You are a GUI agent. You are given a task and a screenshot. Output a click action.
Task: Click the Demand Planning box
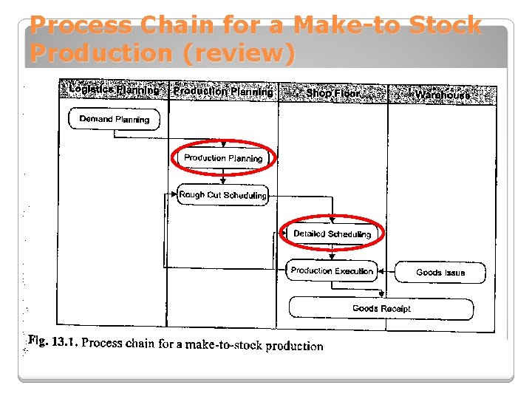[x=114, y=119]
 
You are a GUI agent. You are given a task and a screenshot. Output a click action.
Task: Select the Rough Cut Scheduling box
[x=222, y=195]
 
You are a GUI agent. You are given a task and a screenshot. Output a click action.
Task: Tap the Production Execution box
[x=332, y=270]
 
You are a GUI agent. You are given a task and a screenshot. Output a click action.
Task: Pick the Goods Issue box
[x=440, y=272]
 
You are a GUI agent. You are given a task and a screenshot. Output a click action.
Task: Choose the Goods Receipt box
[x=381, y=308]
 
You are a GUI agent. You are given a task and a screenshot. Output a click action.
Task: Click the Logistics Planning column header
[x=113, y=91]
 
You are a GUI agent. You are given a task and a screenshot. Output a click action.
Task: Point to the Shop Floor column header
[x=332, y=93]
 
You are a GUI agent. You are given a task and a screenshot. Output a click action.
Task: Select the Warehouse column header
[x=442, y=95]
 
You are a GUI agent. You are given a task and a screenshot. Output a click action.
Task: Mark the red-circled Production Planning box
[x=223, y=158]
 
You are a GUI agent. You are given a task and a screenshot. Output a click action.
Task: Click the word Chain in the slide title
[x=164, y=27]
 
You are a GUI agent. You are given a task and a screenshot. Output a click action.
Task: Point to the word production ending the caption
[x=294, y=346]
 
